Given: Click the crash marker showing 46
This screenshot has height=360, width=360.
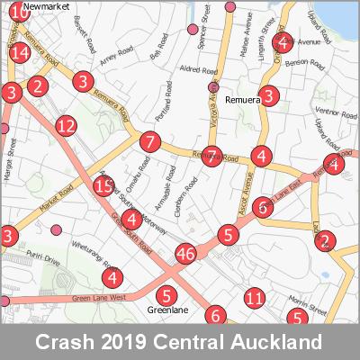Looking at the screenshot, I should tap(186, 254).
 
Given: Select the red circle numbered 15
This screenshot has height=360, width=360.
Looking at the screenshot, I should tap(103, 186).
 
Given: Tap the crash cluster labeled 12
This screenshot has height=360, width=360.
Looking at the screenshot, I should tap(65, 126).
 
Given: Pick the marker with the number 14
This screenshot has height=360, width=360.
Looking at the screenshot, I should tap(21, 52).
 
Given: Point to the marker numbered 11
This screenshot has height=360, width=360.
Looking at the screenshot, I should tap(255, 298).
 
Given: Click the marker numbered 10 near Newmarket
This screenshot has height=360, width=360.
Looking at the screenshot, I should tap(17, 13).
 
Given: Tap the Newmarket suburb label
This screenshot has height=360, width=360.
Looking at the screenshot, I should tap(47, 5).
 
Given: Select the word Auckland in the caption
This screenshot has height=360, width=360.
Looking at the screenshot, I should tap(279, 342).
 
